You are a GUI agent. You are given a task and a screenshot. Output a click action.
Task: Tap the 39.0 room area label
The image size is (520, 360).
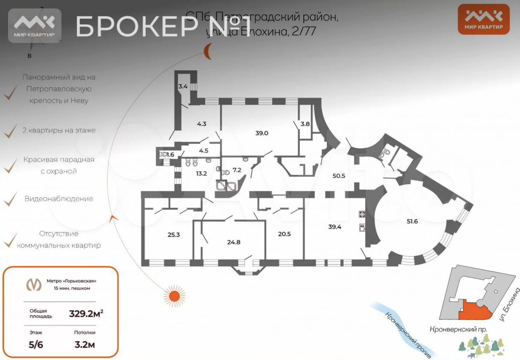coord(262,133)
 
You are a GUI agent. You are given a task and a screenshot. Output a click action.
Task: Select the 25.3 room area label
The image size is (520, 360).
coord(173,235)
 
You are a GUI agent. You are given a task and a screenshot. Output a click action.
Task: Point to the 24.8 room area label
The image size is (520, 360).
coord(234,242)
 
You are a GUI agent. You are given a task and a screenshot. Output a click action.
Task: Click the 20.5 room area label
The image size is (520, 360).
coord(284,234)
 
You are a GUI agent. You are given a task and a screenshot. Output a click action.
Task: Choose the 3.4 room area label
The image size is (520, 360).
coord(183,86)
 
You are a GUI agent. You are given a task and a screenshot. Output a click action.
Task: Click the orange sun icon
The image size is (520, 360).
coord(174,296)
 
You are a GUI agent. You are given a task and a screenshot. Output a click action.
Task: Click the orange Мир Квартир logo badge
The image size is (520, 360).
coord(484,19)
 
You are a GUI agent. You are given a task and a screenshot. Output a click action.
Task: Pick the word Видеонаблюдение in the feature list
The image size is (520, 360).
coord(58,199)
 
